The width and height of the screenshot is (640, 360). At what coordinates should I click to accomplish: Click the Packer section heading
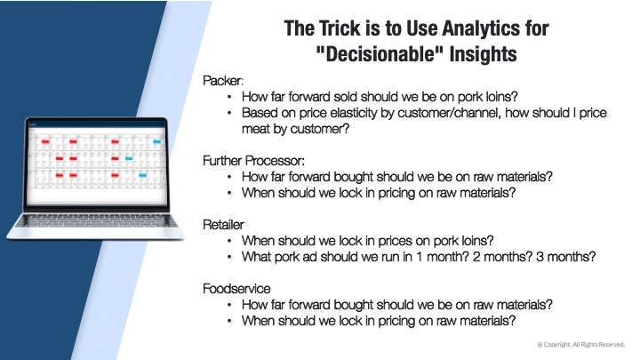coord(223,80)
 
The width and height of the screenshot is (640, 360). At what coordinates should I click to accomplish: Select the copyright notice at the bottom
coord(580,344)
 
